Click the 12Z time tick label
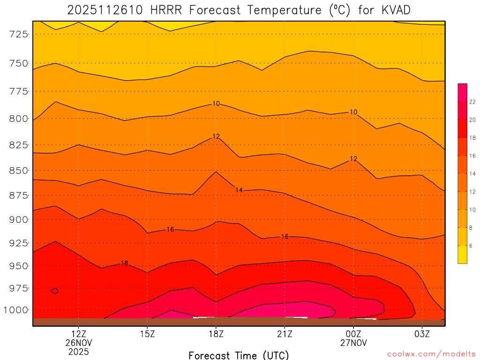(78, 334)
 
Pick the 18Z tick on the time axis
(216, 334)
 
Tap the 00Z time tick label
(353, 334)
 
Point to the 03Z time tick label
(422, 334)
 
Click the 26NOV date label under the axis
(78, 343)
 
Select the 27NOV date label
(353, 343)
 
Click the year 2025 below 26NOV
(78, 352)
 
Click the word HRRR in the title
(163, 10)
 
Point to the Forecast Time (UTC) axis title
(239, 355)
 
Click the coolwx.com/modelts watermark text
(431, 354)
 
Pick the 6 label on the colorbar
(471, 246)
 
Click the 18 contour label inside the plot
(124, 263)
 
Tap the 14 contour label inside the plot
(239, 190)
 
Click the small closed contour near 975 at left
(54, 291)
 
